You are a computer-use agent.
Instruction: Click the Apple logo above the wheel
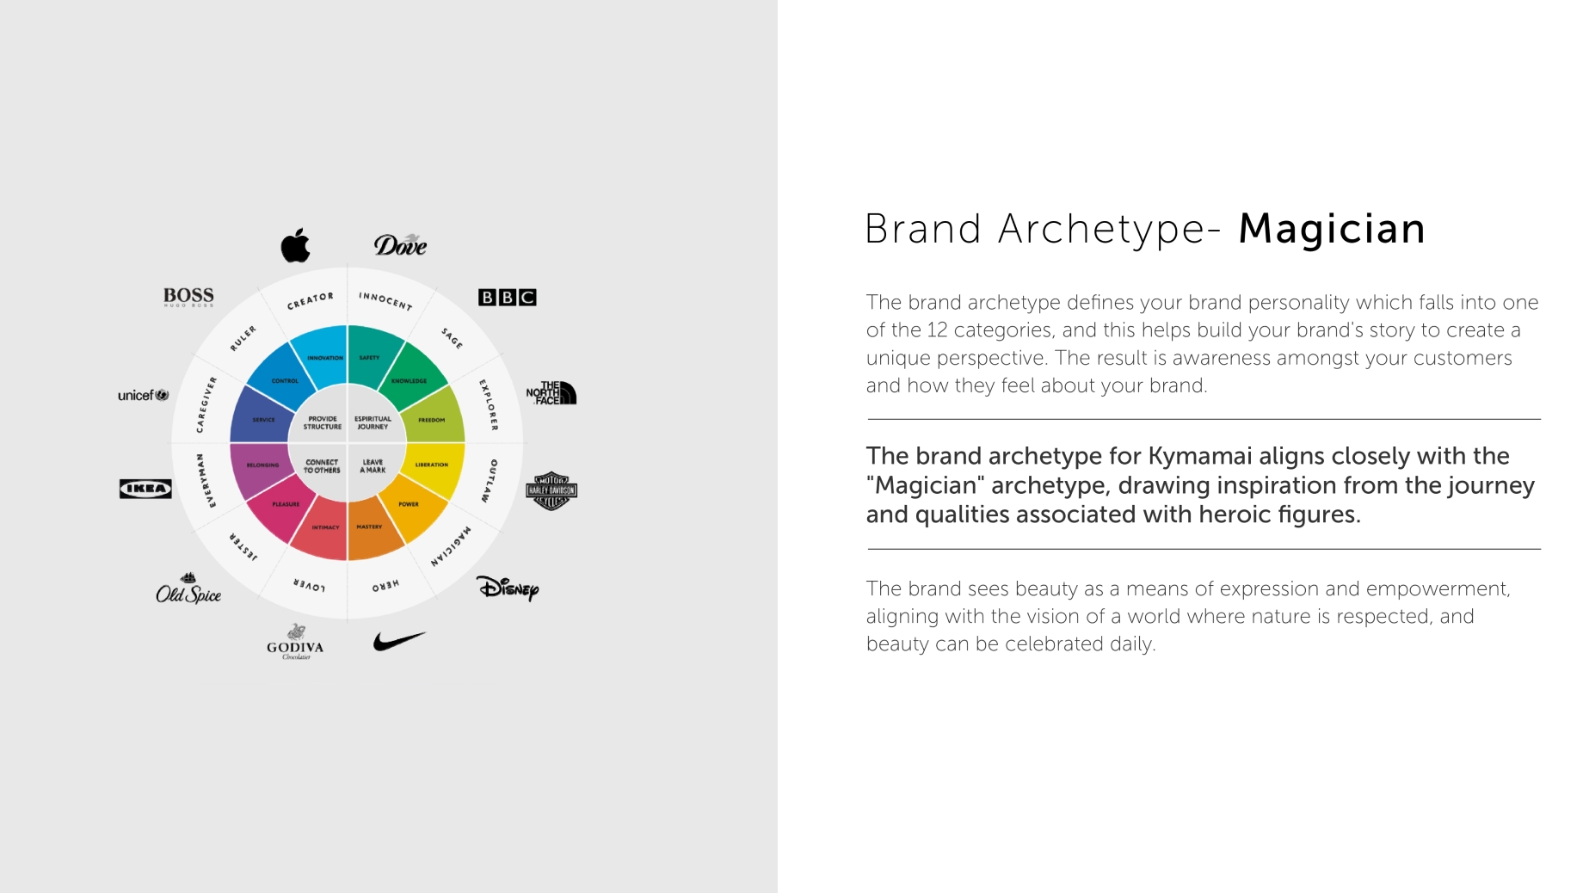[x=295, y=246]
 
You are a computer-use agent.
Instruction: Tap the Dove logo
[x=400, y=246]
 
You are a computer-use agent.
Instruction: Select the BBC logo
[x=507, y=298]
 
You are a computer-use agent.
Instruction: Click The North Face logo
[x=551, y=393]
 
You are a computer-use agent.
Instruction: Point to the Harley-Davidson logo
[x=551, y=490]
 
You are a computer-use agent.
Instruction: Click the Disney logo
[x=508, y=588]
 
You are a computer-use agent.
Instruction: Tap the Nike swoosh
[x=399, y=641]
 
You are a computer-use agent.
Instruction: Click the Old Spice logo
[x=188, y=590]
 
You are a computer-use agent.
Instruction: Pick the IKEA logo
[x=145, y=489]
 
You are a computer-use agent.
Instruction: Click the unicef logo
[x=144, y=395]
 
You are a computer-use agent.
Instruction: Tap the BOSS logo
[x=188, y=297]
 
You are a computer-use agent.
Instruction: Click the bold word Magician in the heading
[x=1332, y=230]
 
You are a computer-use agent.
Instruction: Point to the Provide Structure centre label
[x=323, y=422]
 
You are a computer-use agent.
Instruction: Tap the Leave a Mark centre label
[x=373, y=466]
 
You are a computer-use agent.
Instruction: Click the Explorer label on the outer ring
[x=489, y=404]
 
